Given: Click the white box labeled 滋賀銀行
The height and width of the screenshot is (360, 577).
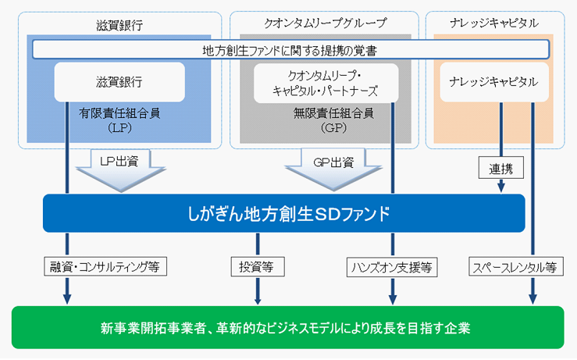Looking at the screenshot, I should (x=119, y=81).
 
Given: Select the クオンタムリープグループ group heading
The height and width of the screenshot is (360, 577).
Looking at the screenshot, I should (x=321, y=23).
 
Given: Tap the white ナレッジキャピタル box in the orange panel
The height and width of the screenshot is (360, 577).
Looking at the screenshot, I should (x=489, y=81).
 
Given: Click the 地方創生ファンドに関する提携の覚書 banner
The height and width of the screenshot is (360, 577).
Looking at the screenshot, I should (x=290, y=50).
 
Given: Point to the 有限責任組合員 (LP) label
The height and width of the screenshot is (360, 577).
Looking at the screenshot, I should (x=119, y=119).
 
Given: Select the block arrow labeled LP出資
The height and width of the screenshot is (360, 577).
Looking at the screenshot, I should (x=119, y=169).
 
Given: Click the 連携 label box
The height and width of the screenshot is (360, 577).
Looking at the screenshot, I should (x=500, y=167).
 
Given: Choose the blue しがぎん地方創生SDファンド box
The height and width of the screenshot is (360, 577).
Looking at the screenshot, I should (x=284, y=212).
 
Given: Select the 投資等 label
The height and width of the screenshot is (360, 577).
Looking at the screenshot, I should (x=256, y=267).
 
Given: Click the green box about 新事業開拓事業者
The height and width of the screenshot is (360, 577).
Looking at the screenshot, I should (x=288, y=326).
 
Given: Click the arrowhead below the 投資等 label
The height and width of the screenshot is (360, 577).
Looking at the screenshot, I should (x=256, y=297).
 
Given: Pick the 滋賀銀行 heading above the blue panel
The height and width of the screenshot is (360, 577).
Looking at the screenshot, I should (x=119, y=23).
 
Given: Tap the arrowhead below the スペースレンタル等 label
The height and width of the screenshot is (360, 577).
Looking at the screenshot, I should (x=533, y=297).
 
